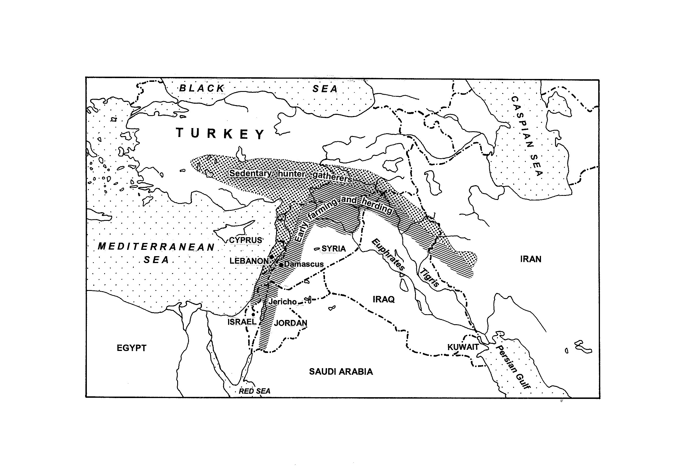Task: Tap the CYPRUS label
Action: (245, 240)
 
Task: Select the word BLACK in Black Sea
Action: (202, 88)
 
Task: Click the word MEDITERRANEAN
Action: (156, 247)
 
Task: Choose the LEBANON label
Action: (249, 261)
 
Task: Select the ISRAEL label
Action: (242, 322)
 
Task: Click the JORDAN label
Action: (290, 323)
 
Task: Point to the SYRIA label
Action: (334, 249)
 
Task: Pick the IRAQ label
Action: (383, 300)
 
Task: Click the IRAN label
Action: (531, 259)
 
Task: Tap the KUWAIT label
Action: (463, 347)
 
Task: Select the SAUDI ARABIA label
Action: (341, 372)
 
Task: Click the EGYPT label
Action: (131, 348)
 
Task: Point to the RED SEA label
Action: (255, 391)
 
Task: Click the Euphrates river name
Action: (388, 254)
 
